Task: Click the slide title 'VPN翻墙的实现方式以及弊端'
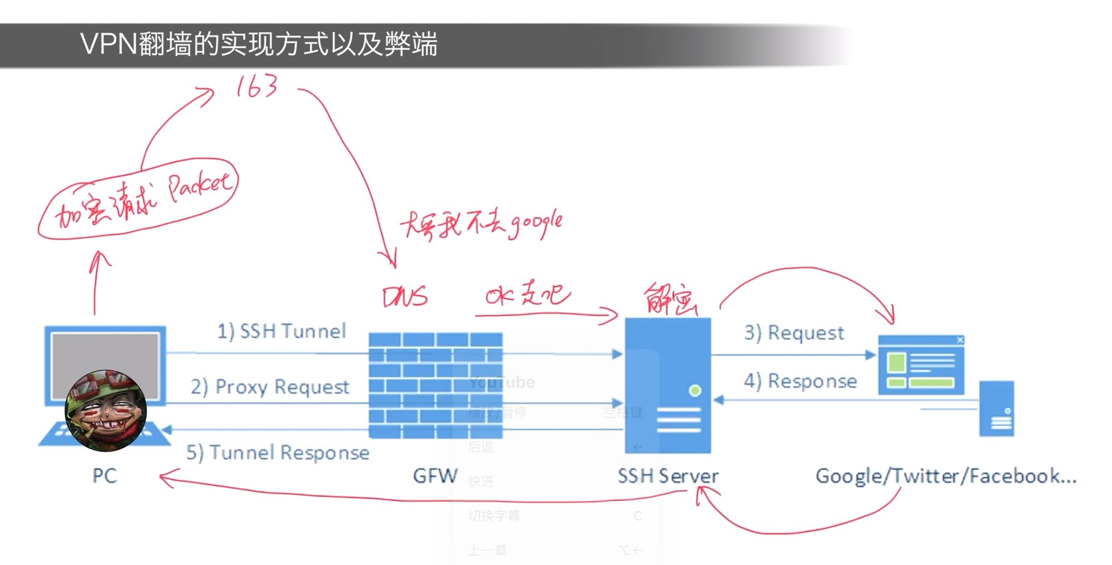click(259, 44)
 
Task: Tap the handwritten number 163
click(256, 87)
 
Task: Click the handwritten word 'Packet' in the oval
click(198, 186)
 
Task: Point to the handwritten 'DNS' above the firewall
click(405, 297)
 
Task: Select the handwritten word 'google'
click(536, 224)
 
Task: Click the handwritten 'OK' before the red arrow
click(499, 296)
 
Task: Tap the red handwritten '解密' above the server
click(670, 300)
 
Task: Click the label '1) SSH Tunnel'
click(281, 331)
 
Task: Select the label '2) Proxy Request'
click(270, 386)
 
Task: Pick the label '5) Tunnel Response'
click(277, 453)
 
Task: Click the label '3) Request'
click(794, 333)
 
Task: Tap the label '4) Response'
click(800, 381)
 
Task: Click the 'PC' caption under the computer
click(105, 476)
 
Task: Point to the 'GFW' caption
click(435, 476)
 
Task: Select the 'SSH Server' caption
click(668, 476)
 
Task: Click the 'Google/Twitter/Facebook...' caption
click(946, 476)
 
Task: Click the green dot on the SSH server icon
click(694, 391)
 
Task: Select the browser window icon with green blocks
click(921, 365)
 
